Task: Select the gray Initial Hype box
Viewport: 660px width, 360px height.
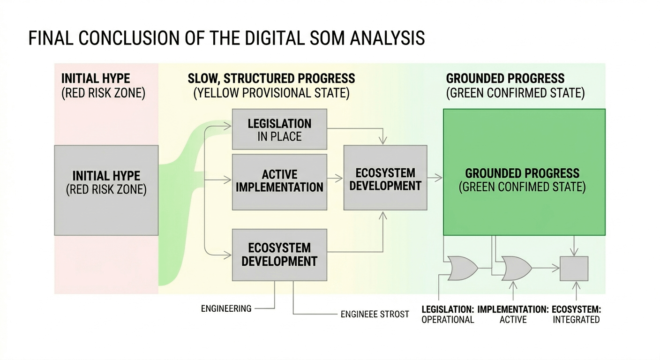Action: tap(106, 190)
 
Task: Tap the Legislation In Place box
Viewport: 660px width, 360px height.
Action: tap(279, 129)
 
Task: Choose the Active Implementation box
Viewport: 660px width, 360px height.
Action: tap(279, 181)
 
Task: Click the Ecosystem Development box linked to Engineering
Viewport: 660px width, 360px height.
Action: tap(279, 255)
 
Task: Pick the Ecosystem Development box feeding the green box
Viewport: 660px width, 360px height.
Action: tap(385, 178)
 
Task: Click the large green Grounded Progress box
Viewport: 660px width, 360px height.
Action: tap(524, 172)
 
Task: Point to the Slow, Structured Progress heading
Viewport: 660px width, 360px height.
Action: tap(271, 78)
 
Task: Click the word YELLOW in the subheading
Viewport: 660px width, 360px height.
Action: tap(220, 93)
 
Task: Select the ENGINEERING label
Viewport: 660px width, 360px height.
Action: tap(226, 308)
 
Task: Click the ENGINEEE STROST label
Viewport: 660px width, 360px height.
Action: tap(375, 314)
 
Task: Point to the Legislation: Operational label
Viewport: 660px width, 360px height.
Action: tap(448, 315)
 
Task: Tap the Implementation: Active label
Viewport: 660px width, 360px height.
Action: tap(513, 315)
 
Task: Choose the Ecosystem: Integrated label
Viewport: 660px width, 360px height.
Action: tap(576, 315)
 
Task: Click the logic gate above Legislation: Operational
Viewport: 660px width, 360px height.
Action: tap(462, 268)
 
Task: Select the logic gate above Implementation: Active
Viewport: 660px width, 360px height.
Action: tap(516, 268)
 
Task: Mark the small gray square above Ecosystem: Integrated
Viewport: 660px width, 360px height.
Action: tap(574, 269)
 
